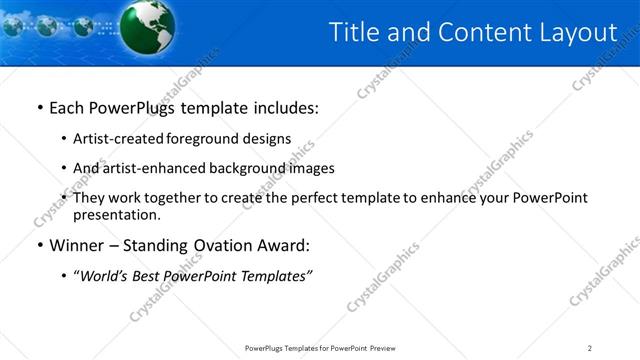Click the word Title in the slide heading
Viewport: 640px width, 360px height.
point(355,32)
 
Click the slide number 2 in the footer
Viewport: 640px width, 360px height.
point(590,347)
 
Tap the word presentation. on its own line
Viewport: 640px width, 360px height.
point(117,214)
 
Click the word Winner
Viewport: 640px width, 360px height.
point(78,245)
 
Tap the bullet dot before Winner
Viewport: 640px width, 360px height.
point(39,245)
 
